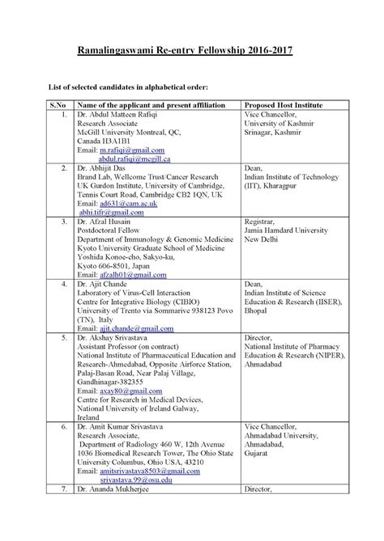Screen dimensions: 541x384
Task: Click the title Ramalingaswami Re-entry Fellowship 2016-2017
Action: (191, 50)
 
